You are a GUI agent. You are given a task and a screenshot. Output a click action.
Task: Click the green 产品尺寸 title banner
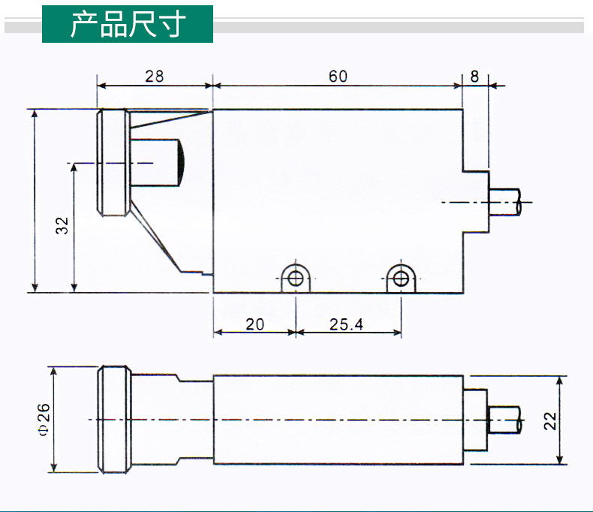128,24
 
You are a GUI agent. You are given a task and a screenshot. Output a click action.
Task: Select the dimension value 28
154,76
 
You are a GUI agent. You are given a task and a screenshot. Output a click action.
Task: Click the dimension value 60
338,76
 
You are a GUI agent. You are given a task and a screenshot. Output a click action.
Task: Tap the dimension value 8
474,76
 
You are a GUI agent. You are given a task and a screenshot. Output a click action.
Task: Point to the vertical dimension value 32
62,226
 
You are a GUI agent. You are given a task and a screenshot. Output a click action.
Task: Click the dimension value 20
255,324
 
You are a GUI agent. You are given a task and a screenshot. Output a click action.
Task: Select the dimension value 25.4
346,324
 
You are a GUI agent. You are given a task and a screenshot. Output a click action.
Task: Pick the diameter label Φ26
43,419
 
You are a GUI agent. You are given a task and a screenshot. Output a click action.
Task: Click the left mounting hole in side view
296,279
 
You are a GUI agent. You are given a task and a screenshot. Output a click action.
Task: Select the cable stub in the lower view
504,419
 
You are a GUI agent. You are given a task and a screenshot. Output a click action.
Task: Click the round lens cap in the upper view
113,162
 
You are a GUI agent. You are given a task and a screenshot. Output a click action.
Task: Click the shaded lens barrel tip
182,163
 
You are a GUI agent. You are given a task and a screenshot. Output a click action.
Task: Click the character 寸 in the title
172,24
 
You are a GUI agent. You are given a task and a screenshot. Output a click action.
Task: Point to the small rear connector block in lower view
474,419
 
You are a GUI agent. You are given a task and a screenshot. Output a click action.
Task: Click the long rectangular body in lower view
338,419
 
